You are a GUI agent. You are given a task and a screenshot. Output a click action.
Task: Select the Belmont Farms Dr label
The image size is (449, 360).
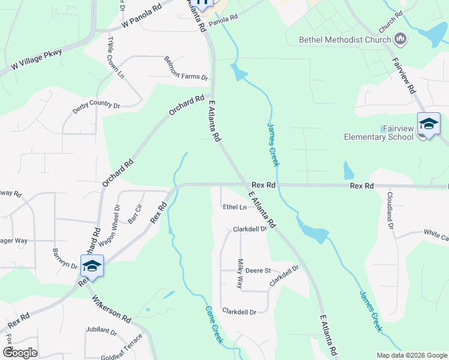[x=185, y=68]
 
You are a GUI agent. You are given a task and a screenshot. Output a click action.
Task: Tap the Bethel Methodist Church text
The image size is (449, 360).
[x=345, y=40]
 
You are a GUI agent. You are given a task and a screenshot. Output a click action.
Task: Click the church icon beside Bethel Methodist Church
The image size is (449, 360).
[x=400, y=40]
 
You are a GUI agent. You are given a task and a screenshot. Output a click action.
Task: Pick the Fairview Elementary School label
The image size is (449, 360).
[x=379, y=133]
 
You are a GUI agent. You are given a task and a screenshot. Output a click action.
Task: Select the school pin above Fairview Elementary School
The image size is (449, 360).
[x=429, y=124]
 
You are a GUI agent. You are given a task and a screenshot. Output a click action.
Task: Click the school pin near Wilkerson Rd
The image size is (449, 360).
[x=92, y=265]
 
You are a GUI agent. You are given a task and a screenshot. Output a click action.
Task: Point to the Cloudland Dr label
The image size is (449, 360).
[x=390, y=211]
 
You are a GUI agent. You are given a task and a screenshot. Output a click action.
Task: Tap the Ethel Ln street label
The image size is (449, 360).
[x=235, y=207]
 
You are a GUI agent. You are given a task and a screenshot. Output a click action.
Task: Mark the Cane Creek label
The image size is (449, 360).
[x=214, y=325]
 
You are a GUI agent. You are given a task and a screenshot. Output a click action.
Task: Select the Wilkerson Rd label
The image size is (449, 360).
[x=112, y=307]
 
